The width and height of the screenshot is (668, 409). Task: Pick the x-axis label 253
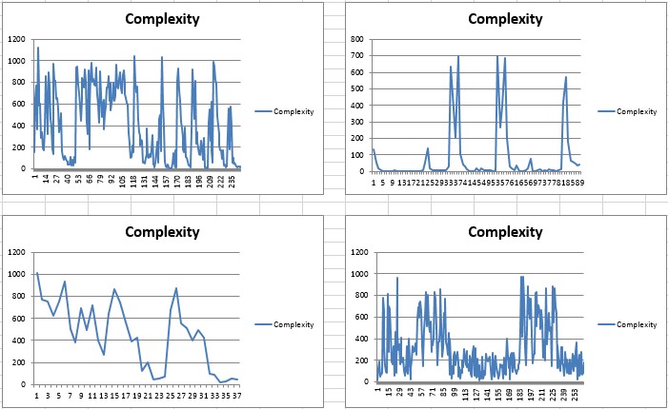(x=576, y=394)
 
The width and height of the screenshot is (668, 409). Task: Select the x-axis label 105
(x=122, y=181)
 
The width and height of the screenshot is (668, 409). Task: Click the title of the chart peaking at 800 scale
(x=505, y=18)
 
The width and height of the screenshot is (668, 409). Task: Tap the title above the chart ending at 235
(x=162, y=18)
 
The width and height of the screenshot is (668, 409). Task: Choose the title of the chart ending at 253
(x=505, y=231)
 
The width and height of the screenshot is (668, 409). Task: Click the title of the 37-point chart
(x=162, y=231)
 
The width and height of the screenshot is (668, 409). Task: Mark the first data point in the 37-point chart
(x=37, y=273)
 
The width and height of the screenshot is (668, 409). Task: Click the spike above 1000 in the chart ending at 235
(x=38, y=47)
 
